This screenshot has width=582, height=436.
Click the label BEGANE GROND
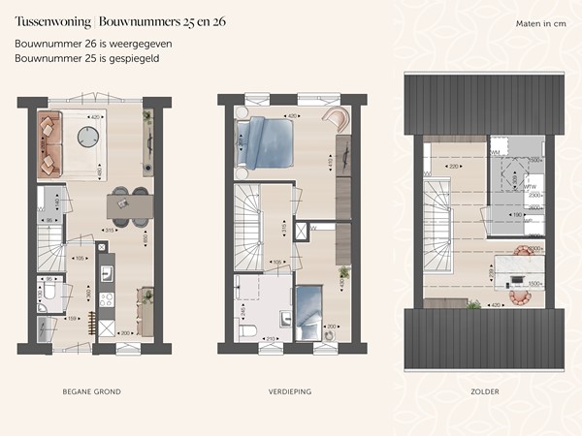click(91, 391)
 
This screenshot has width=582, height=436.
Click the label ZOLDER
click(484, 391)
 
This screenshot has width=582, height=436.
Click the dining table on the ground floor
click(131, 203)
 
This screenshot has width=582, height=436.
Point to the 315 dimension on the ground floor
click(111, 230)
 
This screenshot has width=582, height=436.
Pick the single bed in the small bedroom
click(309, 311)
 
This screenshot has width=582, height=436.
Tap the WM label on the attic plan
click(495, 152)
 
